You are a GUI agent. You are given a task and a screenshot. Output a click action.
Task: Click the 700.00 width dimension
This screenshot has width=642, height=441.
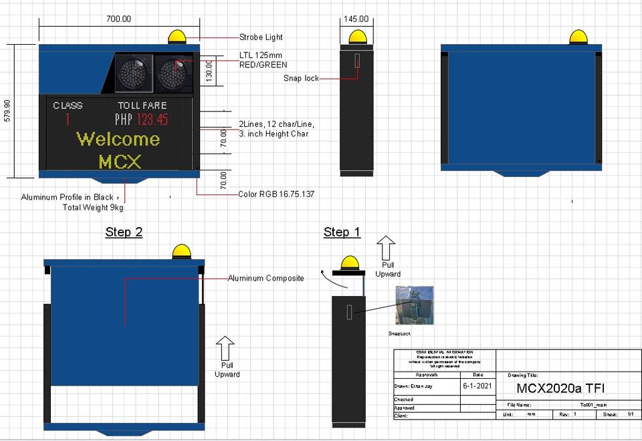click(119, 19)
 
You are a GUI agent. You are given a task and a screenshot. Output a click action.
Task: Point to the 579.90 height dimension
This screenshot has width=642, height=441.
click(7, 110)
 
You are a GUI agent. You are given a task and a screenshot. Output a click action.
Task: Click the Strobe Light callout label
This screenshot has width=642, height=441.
click(261, 37)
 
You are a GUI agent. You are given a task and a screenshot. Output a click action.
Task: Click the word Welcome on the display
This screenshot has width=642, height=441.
click(118, 139)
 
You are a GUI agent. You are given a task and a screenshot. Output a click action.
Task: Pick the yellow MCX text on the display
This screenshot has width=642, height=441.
click(120, 162)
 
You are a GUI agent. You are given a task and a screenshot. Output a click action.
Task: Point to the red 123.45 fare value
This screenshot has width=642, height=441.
click(152, 120)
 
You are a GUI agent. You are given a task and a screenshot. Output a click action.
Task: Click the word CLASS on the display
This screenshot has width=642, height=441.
click(68, 106)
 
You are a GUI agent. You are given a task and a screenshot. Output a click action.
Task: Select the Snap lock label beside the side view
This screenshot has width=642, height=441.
click(301, 78)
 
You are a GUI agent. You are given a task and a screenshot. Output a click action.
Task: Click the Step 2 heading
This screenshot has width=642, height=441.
click(124, 233)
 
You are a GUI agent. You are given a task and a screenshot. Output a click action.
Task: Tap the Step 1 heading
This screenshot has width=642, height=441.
click(342, 233)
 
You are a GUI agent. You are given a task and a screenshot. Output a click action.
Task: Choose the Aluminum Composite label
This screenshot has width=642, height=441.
click(265, 278)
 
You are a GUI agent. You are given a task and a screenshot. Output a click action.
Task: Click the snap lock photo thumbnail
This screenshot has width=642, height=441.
click(415, 305)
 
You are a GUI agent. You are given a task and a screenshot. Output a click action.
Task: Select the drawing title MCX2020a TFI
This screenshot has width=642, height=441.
click(562, 388)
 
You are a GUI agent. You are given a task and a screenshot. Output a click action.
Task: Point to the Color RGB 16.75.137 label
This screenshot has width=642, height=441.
click(276, 194)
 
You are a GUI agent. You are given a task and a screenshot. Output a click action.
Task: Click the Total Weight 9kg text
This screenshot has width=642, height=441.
click(93, 207)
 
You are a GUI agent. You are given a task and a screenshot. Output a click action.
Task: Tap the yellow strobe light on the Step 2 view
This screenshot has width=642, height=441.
click(181, 252)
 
